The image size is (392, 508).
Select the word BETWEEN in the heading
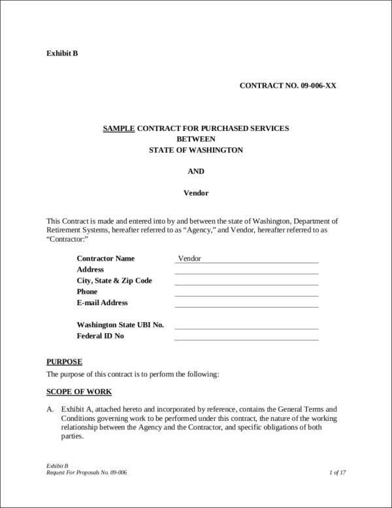(196, 139)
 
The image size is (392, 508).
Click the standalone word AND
(196, 171)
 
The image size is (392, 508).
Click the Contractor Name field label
(106, 258)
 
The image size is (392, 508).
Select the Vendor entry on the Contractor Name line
(189, 258)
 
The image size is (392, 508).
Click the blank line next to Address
(246, 270)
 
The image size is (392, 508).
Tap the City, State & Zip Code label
(114, 280)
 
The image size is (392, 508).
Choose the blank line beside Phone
(246, 293)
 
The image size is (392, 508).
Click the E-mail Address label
(103, 302)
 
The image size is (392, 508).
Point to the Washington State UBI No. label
(120, 325)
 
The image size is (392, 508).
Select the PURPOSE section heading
(64, 361)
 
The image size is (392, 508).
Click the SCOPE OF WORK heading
(79, 392)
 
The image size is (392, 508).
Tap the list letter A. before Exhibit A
(50, 408)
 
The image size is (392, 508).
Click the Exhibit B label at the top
(62, 53)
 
